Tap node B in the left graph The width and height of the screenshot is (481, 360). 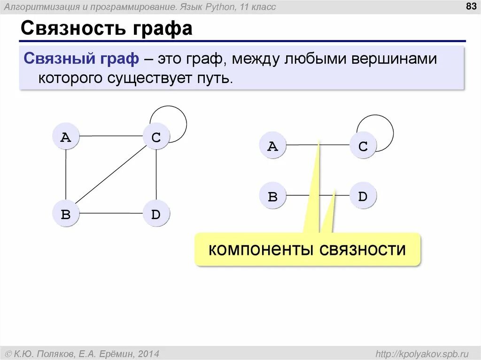pyautogui.click(x=66, y=214)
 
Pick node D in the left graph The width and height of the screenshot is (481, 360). pyautogui.click(x=156, y=214)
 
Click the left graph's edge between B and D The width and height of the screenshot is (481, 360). pyautogui.click(x=111, y=214)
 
